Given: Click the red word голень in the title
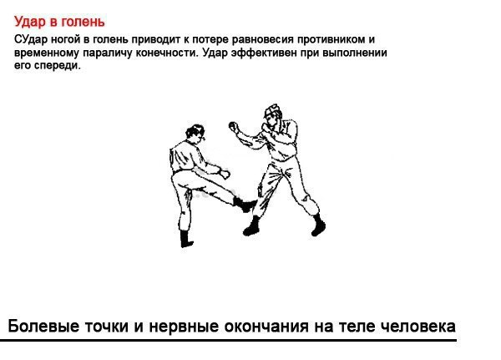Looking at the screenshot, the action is pyautogui.click(x=83, y=22).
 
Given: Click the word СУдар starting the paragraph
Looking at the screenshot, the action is pyautogui.click(x=31, y=39).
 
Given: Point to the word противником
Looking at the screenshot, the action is pyautogui.click(x=331, y=39).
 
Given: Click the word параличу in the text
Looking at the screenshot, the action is pyautogui.click(x=108, y=53).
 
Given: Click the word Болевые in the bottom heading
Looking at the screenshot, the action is pyautogui.click(x=43, y=327).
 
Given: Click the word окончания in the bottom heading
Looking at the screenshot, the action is pyautogui.click(x=266, y=327).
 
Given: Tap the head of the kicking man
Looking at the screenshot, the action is pyautogui.click(x=195, y=133).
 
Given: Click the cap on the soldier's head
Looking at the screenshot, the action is pyautogui.click(x=272, y=109).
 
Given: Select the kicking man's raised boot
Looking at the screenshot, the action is pyautogui.click(x=245, y=204).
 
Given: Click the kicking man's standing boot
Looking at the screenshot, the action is pyautogui.click(x=186, y=239).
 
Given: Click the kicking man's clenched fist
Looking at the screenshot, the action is pyautogui.click(x=225, y=174).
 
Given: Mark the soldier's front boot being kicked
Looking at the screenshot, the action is pyautogui.click(x=251, y=226).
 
